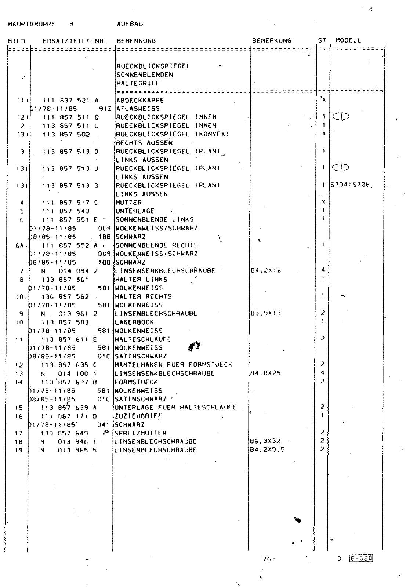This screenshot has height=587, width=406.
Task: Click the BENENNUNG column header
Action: [136, 41]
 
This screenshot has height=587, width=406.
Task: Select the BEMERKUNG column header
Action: [272, 41]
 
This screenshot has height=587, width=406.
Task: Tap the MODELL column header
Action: [348, 41]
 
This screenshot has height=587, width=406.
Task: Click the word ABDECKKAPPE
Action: [140, 100]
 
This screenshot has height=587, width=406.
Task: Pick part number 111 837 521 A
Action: [70, 100]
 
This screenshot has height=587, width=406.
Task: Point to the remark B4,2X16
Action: [265, 271]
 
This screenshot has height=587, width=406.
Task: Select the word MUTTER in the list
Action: [129, 203]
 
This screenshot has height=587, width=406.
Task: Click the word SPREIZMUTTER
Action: [141, 433]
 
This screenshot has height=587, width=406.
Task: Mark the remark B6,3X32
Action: [265, 441]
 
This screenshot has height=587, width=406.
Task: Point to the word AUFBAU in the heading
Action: [130, 24]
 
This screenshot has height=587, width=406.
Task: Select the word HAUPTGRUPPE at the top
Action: [32, 24]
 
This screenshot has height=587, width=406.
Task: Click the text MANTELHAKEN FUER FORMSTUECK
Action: [174, 365]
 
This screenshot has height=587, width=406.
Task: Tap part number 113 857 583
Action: [65, 322]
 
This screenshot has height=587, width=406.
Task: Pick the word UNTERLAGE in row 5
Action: [135, 211]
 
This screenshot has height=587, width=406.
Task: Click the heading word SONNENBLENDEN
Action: [145, 75]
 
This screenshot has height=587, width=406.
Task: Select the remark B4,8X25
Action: [265, 373]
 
